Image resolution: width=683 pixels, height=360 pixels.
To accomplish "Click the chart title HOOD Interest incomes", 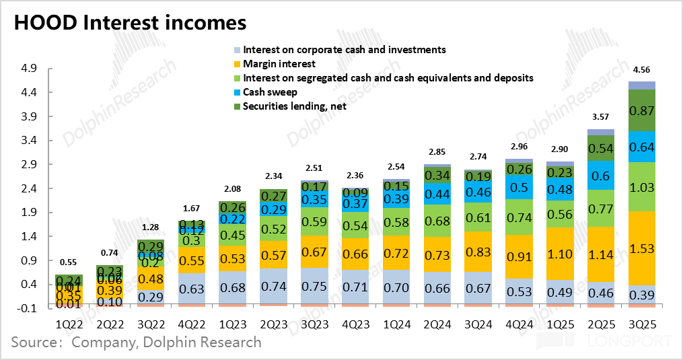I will click(x=131, y=22).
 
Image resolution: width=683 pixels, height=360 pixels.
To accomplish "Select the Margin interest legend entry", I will click(x=279, y=64).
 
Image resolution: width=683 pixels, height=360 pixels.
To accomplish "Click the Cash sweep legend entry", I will click(x=270, y=92).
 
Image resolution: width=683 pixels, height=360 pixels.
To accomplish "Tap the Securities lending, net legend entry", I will click(x=295, y=106).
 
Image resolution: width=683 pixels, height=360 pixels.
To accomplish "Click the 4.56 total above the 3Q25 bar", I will click(x=642, y=69).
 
